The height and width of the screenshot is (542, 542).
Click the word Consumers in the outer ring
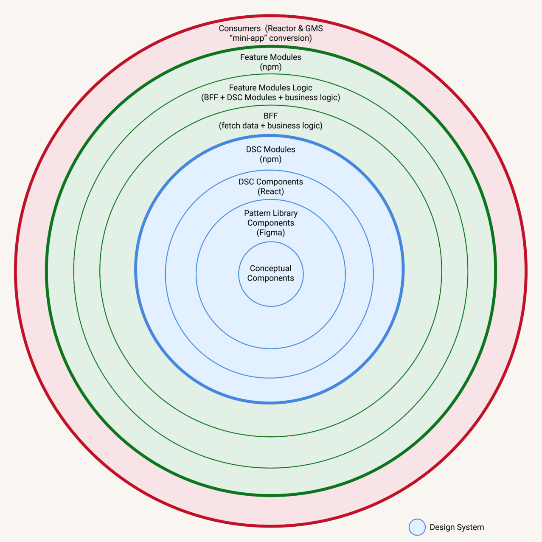pyautogui.click(x=240, y=28)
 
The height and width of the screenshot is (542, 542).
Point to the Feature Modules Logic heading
pyautogui.click(x=270, y=88)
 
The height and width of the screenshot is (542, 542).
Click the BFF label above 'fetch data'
pyautogui.click(x=270, y=116)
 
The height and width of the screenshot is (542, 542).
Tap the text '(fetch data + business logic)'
pyautogui.click(x=270, y=126)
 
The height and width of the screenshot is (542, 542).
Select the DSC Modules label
pyautogui.click(x=270, y=149)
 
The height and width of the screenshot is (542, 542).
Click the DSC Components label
pyautogui.click(x=270, y=182)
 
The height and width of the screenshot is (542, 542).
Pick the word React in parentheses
pyautogui.click(x=271, y=191)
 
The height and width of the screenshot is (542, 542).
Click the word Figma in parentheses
pyautogui.click(x=271, y=233)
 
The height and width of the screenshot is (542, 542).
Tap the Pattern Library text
pyautogui.click(x=270, y=213)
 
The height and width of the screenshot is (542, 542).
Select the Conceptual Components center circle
pyautogui.click(x=271, y=274)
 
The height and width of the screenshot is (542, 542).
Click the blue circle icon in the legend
pyautogui.click(x=417, y=527)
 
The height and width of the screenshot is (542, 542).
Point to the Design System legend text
pyautogui.click(x=457, y=527)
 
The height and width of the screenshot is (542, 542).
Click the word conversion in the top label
pyautogui.click(x=290, y=38)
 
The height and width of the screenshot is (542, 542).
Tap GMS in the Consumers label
pyautogui.click(x=314, y=28)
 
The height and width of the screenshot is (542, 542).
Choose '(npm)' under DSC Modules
pyautogui.click(x=271, y=159)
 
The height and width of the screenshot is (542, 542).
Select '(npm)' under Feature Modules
pyautogui.click(x=271, y=67)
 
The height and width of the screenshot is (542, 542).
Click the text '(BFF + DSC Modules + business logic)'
pyautogui.click(x=270, y=98)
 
